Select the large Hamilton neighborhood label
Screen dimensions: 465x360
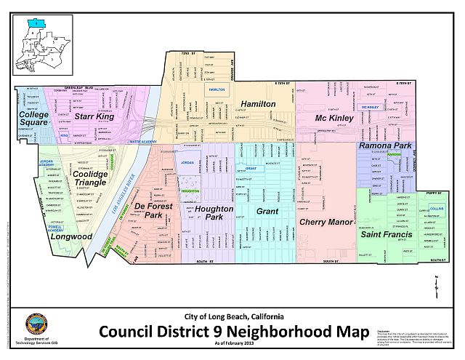tap(258, 105)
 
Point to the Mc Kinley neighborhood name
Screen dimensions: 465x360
tap(334, 117)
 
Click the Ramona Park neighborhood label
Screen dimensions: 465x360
tap(384, 146)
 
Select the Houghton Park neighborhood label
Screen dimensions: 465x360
tap(214, 213)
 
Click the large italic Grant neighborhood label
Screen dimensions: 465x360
tap(267, 211)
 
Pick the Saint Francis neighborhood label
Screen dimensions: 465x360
tap(388, 234)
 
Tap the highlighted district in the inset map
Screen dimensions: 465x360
tap(33, 24)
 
